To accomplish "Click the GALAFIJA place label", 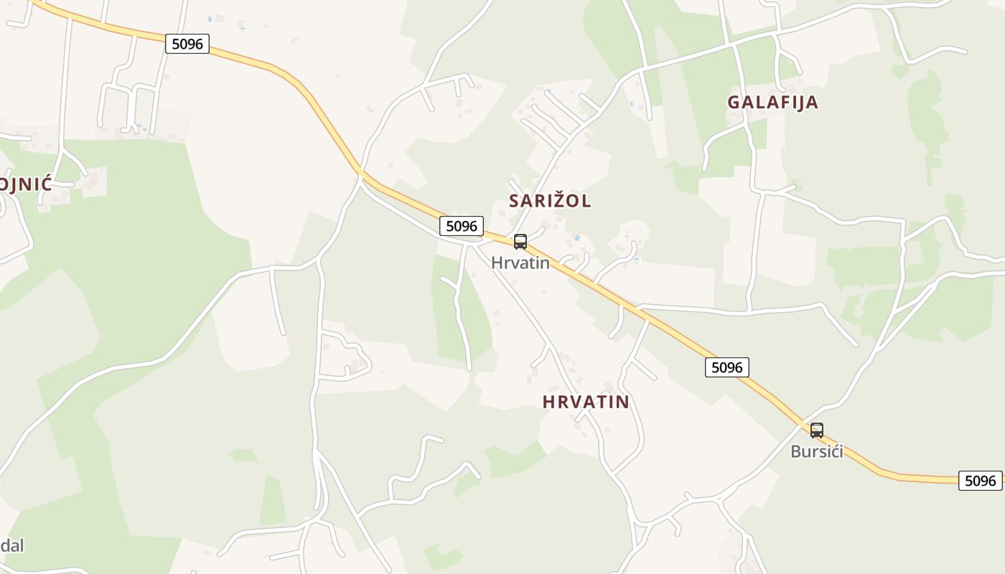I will (x=772, y=102).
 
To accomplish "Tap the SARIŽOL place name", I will (x=550, y=201).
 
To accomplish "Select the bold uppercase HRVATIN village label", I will (x=586, y=402).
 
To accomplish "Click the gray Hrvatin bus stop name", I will (x=520, y=263).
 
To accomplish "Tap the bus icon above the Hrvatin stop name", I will (x=520, y=242).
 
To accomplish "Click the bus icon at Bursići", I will (x=817, y=430).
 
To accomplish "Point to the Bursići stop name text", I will (x=817, y=452).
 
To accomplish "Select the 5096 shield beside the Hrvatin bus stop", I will (x=462, y=226).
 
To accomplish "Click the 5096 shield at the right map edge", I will (x=980, y=481).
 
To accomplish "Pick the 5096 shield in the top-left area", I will (x=187, y=44).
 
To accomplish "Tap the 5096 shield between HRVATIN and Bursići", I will (x=727, y=367).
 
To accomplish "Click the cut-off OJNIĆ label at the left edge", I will (x=26, y=184).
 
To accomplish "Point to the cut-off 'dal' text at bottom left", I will (x=12, y=545).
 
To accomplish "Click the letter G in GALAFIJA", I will (x=734, y=102).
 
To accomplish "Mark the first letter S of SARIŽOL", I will (x=514, y=201).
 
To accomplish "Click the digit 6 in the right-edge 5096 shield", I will (x=994, y=481).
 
